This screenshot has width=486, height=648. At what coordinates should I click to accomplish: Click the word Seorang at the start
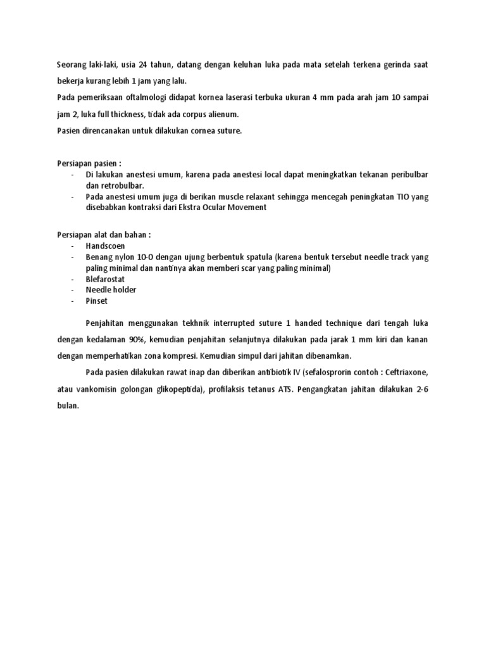pyautogui.click(x=72, y=66)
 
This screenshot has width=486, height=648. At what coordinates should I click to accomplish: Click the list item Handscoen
pyautogui.click(x=106, y=246)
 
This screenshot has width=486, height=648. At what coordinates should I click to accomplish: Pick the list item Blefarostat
pyautogui.click(x=106, y=279)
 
